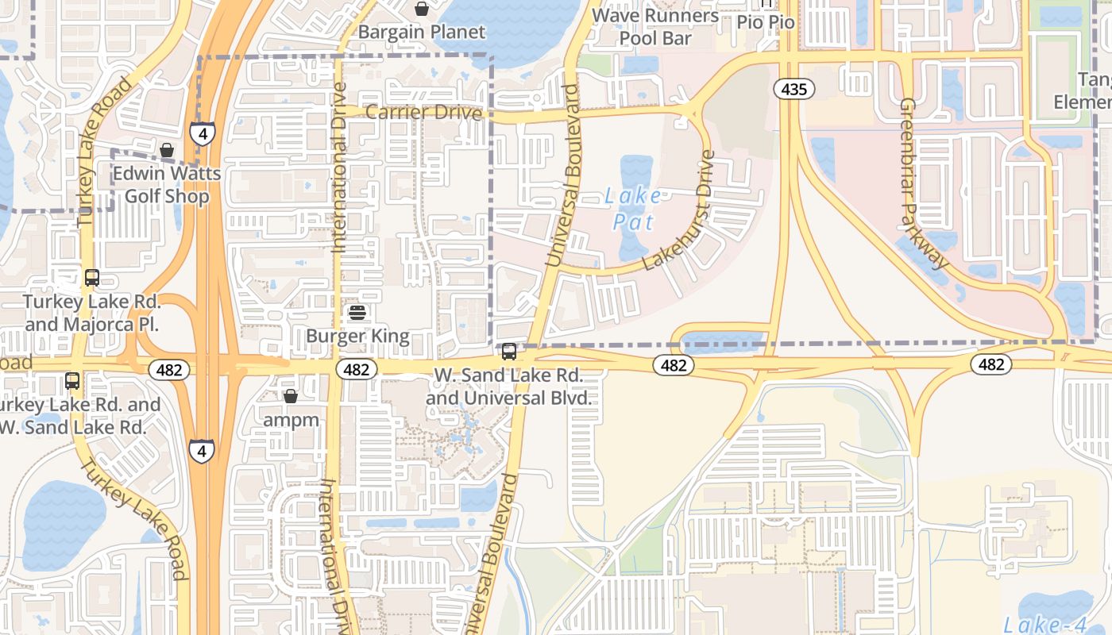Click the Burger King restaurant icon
[357, 313]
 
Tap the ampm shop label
[291, 420]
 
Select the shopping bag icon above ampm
[291, 395]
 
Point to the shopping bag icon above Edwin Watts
[167, 150]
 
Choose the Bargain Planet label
[421, 33]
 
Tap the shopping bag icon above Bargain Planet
[422, 9]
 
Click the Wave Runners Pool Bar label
[655, 26]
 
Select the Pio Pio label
[766, 21]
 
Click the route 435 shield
[793, 89]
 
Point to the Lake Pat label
[632, 208]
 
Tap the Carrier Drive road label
[423, 113]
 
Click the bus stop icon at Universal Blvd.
[509, 351]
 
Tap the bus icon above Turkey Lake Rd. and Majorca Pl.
[92, 278]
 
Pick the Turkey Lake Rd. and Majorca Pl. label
[92, 313]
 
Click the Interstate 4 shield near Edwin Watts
[203, 133]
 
